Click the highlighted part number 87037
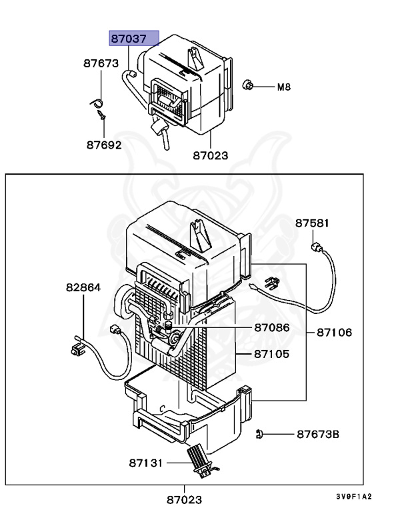pyautogui.click(x=134, y=39)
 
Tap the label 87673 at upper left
pyautogui.click(x=101, y=64)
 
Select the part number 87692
pyautogui.click(x=103, y=144)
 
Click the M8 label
pyautogui.click(x=284, y=87)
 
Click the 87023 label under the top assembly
pyautogui.click(x=211, y=155)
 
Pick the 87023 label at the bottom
pyautogui.click(x=184, y=499)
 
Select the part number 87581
pyautogui.click(x=313, y=223)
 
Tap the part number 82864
pyautogui.click(x=83, y=288)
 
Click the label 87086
pyautogui.click(x=271, y=328)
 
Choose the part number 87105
pyautogui.click(x=271, y=353)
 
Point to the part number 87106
pyautogui.click(x=334, y=332)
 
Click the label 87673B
pyautogui.click(x=318, y=434)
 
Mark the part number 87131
pyautogui.click(x=146, y=461)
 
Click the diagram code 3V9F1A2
pyautogui.click(x=354, y=497)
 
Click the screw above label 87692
pyautogui.click(x=101, y=117)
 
